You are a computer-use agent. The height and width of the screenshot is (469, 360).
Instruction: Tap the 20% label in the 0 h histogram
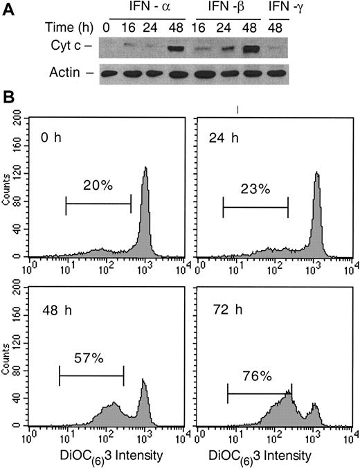98,186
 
